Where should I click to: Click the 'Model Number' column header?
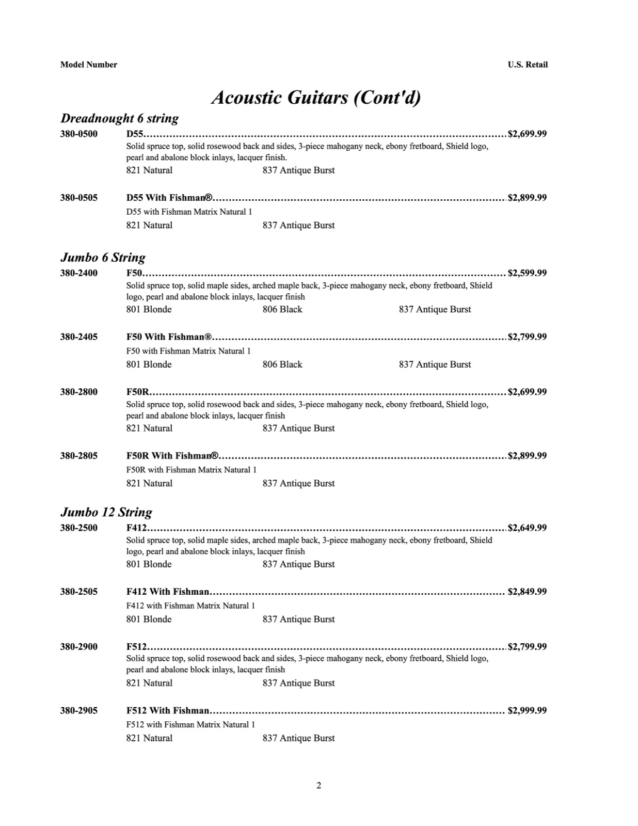88,65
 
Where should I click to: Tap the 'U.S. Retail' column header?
527,65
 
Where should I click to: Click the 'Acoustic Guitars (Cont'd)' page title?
316,97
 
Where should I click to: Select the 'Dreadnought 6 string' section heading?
120,118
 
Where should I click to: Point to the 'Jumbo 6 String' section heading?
103,257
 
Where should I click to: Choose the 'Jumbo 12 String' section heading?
106,512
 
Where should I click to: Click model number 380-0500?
78,134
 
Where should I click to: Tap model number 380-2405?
78,337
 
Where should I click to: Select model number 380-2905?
78,710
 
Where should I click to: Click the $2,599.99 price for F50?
527,273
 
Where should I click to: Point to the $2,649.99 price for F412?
527,528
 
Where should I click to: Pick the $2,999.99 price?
527,710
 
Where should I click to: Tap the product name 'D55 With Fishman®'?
169,198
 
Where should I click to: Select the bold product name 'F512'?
137,647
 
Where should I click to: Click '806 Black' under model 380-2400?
282,309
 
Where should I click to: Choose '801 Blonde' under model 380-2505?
149,619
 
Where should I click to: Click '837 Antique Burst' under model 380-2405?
435,364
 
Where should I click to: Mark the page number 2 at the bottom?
318,786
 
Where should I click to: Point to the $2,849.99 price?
527,592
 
